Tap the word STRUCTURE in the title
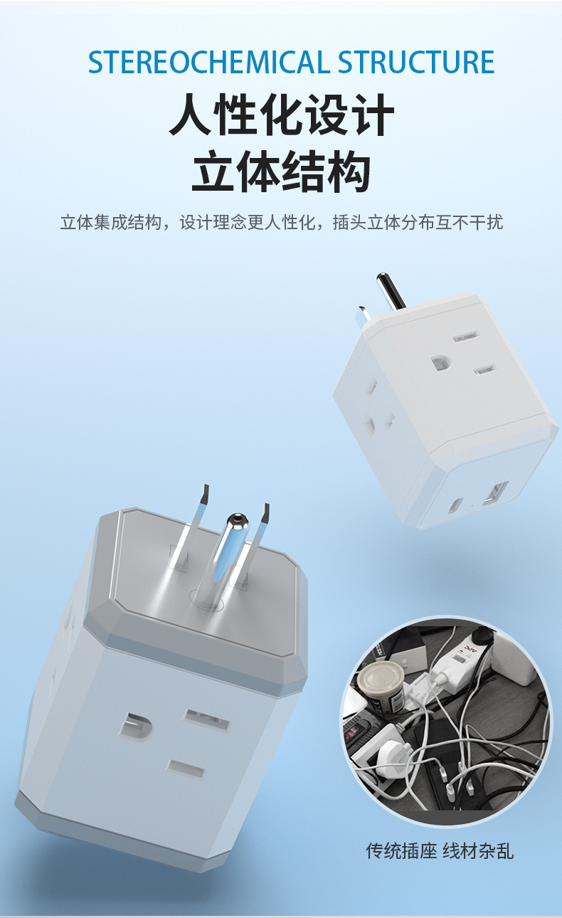click(416, 63)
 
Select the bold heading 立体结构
click(281, 173)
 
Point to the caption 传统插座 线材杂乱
click(439, 851)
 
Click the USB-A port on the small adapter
click(495, 492)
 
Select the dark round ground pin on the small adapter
click(391, 291)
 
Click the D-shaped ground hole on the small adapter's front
click(440, 363)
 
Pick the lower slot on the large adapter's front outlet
click(186, 769)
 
